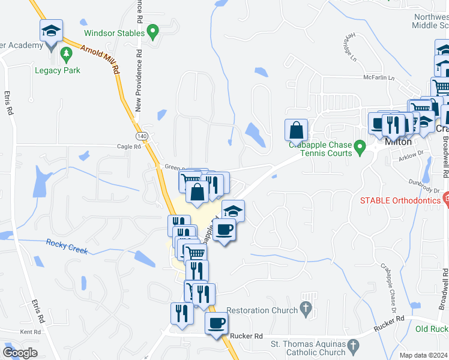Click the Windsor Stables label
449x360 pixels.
coord(115,33)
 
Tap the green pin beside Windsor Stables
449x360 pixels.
coord(153,29)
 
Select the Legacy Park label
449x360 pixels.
coord(57,70)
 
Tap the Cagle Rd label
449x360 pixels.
coord(128,146)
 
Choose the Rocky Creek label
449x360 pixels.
coord(67,246)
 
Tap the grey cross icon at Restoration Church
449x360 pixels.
coord(306,310)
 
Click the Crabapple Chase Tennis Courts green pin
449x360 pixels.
coord(360,146)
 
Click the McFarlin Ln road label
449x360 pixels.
coord(379,77)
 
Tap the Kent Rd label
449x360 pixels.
coord(29,332)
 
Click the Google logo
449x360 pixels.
coord(20,353)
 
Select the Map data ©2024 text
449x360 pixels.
coord(424,355)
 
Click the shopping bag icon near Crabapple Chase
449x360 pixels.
coord(297,130)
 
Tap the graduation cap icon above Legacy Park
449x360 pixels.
coord(51,30)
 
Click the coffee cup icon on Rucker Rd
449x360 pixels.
coord(216,323)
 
